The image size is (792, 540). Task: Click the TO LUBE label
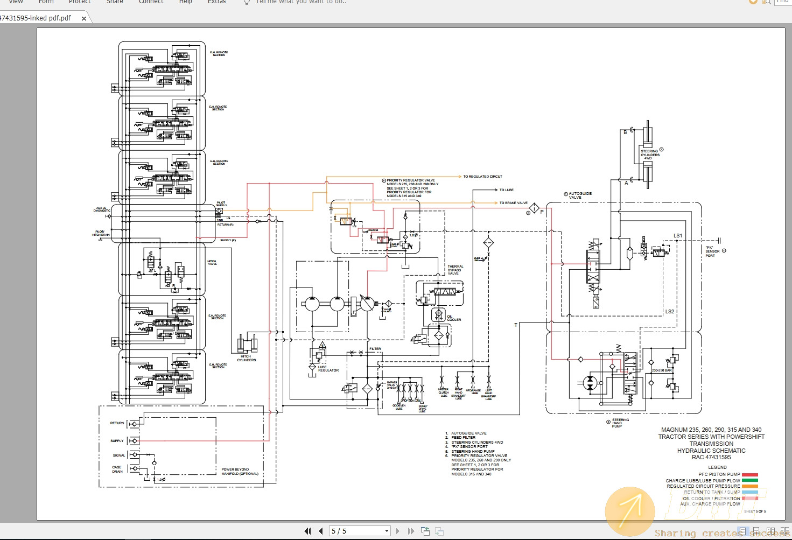(506, 190)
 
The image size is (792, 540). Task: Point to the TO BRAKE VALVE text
(513, 203)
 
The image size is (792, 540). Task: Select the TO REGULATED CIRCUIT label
(482, 177)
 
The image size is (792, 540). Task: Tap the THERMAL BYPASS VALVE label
(455, 270)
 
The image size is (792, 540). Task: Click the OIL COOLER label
(453, 318)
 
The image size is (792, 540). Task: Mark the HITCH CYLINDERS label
(246, 358)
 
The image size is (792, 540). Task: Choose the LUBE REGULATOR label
(328, 369)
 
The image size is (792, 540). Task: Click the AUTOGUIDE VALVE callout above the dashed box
(580, 195)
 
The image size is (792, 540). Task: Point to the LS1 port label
(677, 236)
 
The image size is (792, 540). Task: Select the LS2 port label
(669, 311)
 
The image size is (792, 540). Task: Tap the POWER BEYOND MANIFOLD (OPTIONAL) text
(240, 472)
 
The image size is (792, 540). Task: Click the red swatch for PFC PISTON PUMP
(749, 474)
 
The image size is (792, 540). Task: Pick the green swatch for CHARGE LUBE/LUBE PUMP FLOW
(749, 480)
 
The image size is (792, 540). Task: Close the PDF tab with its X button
(84, 18)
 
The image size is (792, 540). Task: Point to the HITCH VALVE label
(212, 263)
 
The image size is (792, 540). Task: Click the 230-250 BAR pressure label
(662, 370)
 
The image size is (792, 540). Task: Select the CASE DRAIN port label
(117, 469)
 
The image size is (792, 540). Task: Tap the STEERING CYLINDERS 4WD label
(649, 155)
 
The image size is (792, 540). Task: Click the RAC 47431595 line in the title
(711, 457)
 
